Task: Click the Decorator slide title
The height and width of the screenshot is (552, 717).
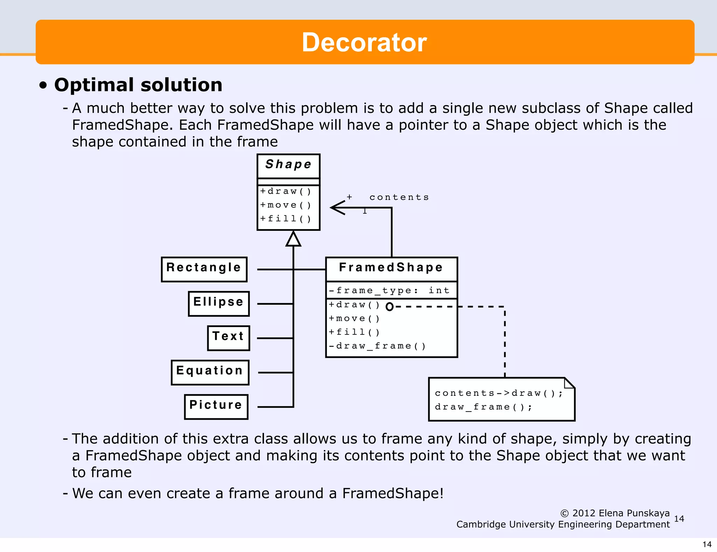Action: [364, 42]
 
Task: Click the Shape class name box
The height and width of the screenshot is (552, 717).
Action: [288, 165]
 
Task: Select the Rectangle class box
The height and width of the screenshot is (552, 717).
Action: [204, 269]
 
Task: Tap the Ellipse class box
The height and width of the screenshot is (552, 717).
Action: [218, 303]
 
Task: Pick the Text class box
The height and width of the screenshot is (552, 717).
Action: [228, 337]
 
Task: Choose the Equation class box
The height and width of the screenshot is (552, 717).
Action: [210, 372]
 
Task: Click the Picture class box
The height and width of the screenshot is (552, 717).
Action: [216, 406]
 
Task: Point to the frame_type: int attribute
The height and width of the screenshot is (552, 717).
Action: [389, 290]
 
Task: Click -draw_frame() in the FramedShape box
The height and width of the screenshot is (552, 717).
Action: [377, 346]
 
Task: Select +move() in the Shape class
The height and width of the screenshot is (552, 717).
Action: [285, 205]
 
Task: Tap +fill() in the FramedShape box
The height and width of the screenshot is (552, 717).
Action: [354, 332]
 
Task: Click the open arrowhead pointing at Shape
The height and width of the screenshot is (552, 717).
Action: [337, 207]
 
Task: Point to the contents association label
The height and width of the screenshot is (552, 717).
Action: [399, 197]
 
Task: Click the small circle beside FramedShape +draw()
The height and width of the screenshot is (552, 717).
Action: [389, 307]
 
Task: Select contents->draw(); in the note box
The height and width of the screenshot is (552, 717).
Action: [499, 393]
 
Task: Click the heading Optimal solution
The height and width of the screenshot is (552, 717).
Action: [138, 85]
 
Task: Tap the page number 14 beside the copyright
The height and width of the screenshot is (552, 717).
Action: [678, 519]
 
